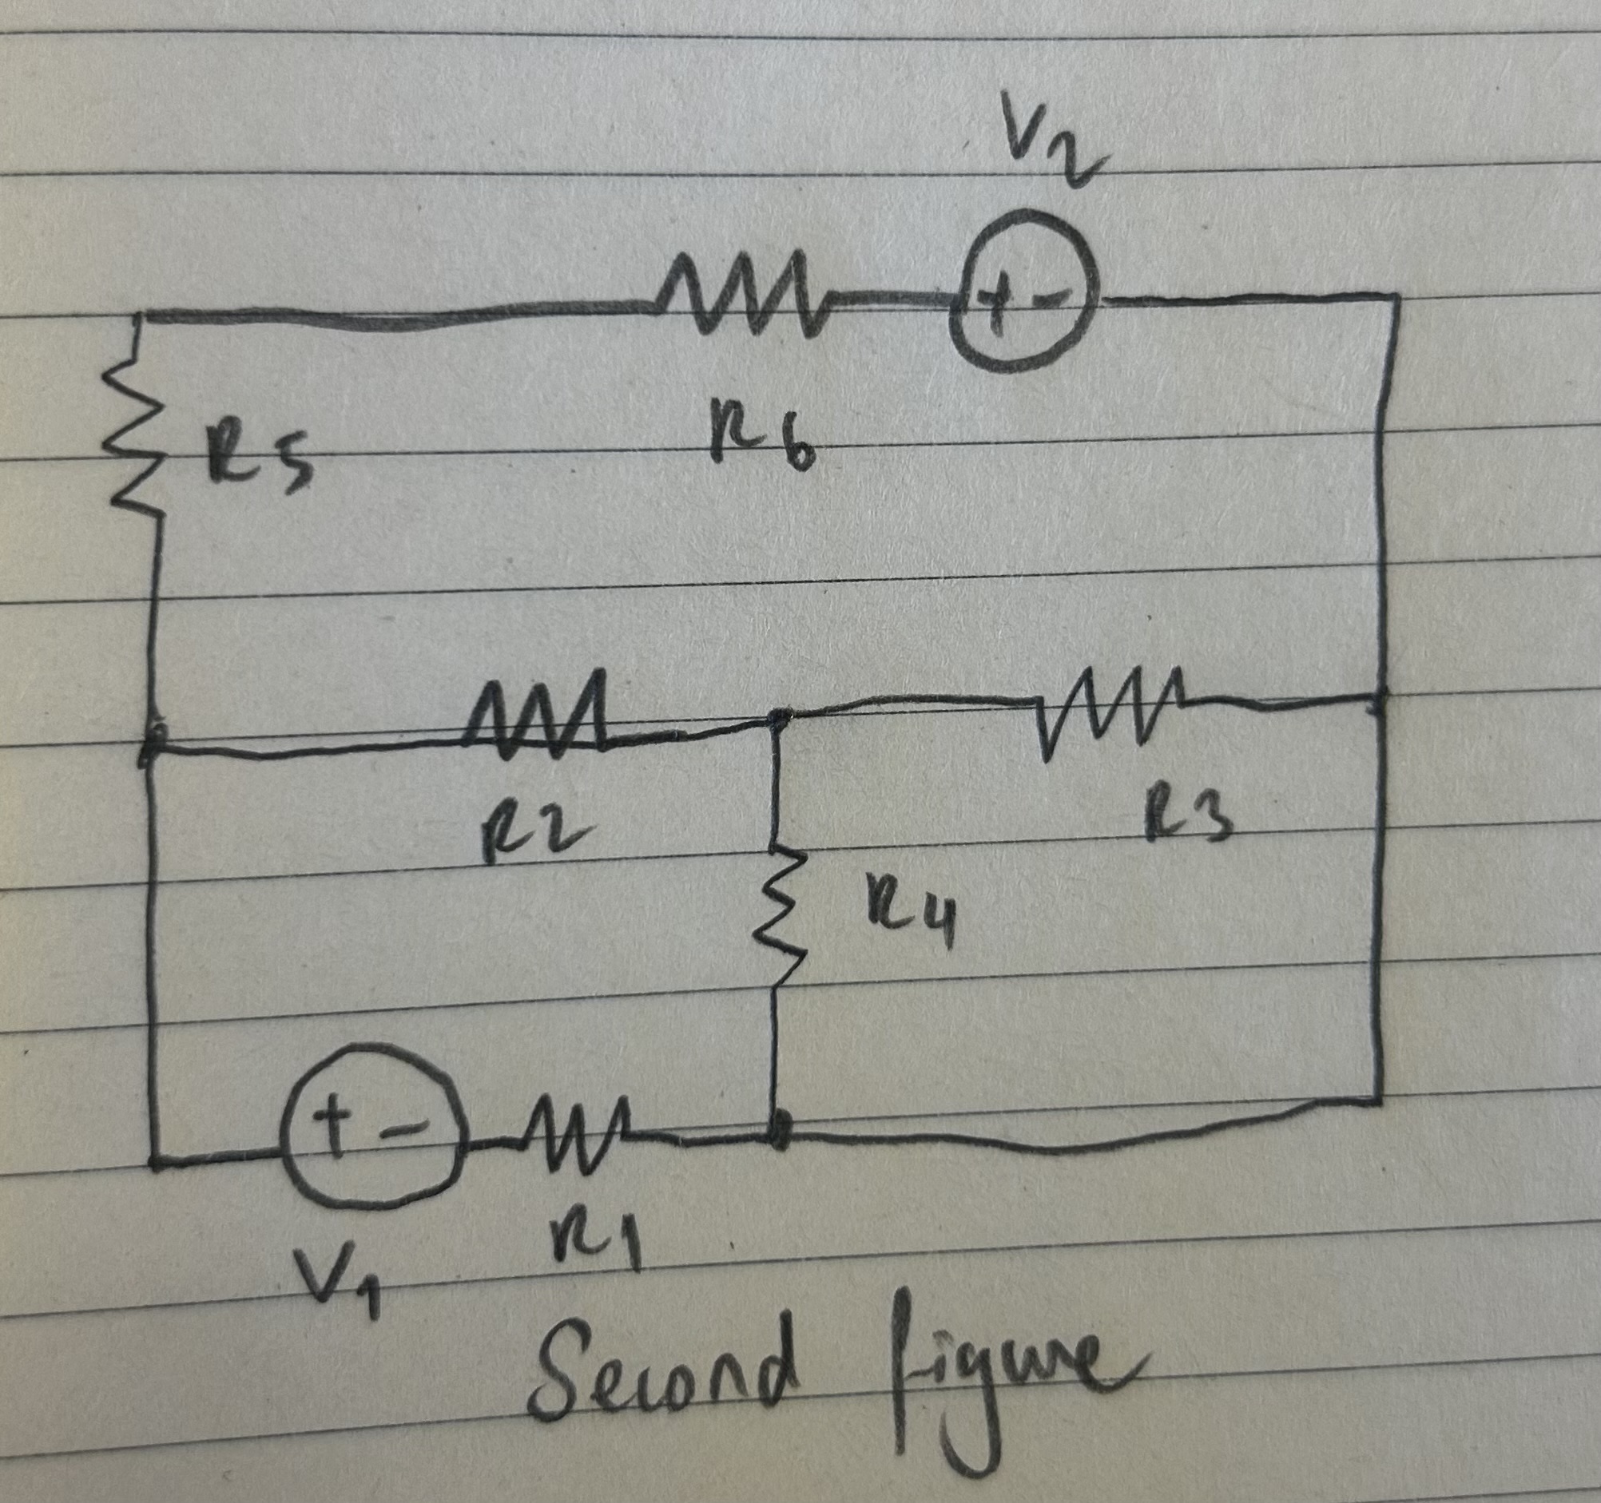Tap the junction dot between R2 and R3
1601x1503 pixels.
click(x=777, y=716)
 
